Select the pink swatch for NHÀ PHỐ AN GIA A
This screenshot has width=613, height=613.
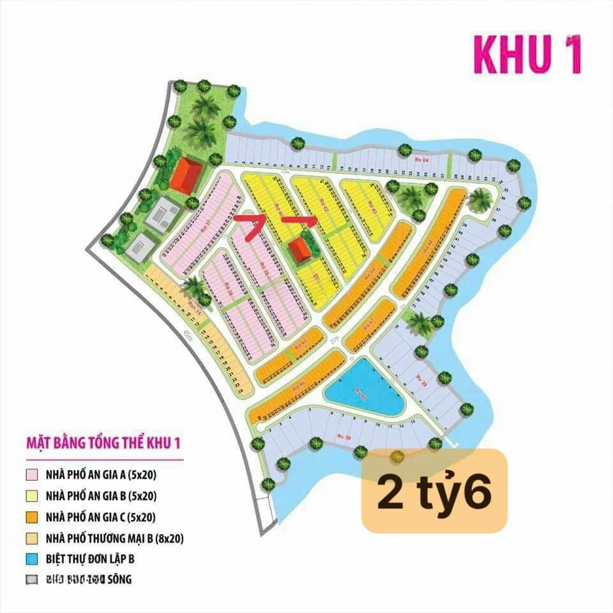pos(31,475)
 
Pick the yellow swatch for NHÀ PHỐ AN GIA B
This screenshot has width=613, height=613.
pos(31,496)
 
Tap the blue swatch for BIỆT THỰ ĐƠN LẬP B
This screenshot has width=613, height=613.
pos(31,559)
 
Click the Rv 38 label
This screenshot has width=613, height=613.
pos(344,437)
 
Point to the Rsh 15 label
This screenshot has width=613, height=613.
pos(190,308)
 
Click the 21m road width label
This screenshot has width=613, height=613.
pos(333,343)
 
